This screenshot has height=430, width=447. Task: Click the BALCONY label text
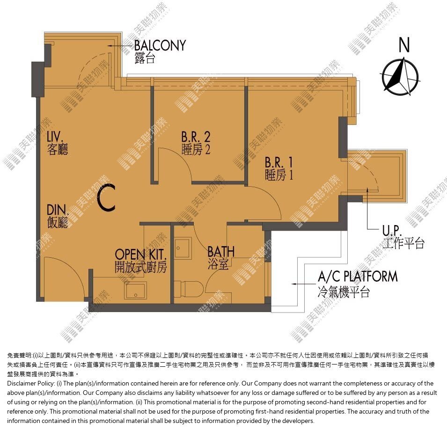(x=160, y=45)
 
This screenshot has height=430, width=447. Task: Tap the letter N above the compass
(x=404, y=45)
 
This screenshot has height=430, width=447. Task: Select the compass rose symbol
(x=400, y=77)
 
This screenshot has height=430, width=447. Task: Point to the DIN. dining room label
(x=58, y=210)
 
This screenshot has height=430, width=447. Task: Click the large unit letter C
(x=106, y=197)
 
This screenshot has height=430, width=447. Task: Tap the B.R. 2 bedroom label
(x=196, y=137)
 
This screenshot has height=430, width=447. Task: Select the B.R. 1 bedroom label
(x=279, y=162)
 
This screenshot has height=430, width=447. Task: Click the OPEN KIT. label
(x=140, y=254)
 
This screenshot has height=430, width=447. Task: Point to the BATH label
(x=221, y=252)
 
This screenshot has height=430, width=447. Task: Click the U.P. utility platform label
(x=392, y=231)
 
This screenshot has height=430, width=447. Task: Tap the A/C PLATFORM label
(x=358, y=277)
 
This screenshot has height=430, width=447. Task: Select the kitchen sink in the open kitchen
(x=136, y=291)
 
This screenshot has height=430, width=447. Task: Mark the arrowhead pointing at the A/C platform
(x=293, y=284)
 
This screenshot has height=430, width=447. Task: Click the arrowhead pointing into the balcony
(x=109, y=45)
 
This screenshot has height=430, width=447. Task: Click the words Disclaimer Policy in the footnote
(x=31, y=384)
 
